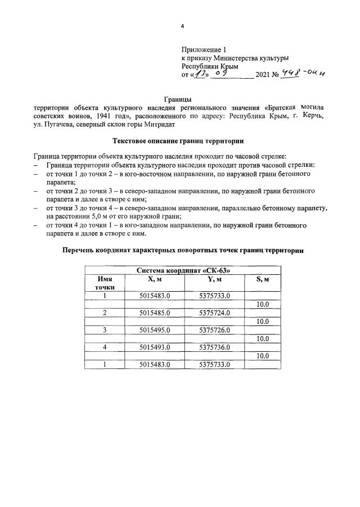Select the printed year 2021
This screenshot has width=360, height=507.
coord(263,75)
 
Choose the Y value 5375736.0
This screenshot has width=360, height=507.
coord(215,347)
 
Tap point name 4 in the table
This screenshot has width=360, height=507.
coord(104,347)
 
